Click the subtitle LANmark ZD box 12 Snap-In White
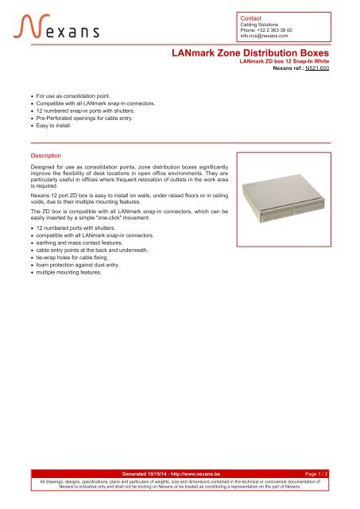point(285,61)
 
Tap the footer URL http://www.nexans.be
point(202,473)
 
